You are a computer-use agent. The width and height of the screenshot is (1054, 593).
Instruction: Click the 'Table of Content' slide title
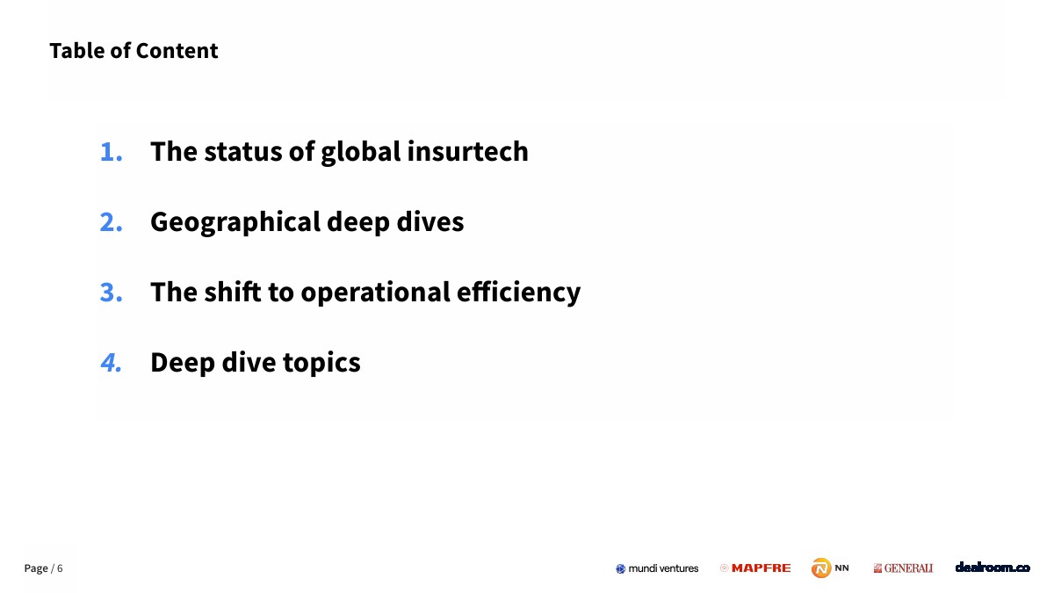(x=134, y=51)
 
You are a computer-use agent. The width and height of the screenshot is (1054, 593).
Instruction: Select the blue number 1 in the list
(x=111, y=152)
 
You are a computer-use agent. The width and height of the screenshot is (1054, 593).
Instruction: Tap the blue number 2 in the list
(x=111, y=222)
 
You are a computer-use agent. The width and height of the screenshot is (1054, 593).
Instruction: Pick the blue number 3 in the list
(x=111, y=293)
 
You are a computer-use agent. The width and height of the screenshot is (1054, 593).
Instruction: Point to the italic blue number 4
(x=111, y=362)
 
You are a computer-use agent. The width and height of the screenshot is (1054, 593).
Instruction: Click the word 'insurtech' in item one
(x=467, y=151)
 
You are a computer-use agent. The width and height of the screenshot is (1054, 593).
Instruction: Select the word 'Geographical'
(x=235, y=223)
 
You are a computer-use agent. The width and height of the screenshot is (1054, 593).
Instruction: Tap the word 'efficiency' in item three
(x=518, y=293)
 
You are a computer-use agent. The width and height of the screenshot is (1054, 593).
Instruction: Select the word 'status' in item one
(x=242, y=152)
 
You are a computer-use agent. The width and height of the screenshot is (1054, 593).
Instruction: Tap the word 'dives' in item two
(x=430, y=221)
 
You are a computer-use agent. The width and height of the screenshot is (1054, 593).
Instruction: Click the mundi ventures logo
(x=657, y=568)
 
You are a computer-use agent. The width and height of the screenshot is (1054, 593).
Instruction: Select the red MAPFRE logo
(x=755, y=568)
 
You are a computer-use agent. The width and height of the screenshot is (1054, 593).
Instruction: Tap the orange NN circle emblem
(x=821, y=568)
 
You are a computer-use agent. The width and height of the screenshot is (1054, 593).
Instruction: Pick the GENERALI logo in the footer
(x=903, y=568)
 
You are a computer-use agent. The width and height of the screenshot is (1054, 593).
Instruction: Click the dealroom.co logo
(x=993, y=568)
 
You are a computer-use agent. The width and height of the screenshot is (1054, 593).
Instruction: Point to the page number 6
(x=60, y=568)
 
